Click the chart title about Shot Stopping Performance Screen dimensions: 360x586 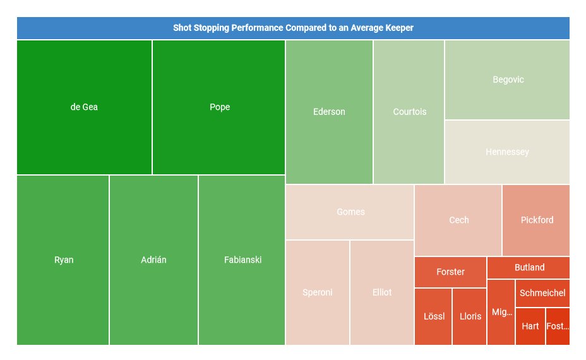click(x=293, y=28)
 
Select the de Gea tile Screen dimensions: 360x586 click(x=84, y=107)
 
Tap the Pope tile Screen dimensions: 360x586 click(x=219, y=107)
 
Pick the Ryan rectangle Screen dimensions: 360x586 click(x=63, y=260)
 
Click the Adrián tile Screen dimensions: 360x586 click(x=153, y=260)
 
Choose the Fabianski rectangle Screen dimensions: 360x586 click(x=242, y=260)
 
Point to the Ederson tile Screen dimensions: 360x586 click(x=329, y=112)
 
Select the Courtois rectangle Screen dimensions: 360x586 click(x=409, y=112)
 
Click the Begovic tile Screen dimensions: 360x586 click(x=508, y=80)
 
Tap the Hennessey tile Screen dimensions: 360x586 click(x=507, y=152)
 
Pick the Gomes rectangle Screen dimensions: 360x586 click(x=350, y=212)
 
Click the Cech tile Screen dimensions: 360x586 click(x=458, y=220)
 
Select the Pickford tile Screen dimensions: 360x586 click(x=537, y=220)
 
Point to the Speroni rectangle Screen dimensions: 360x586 click(x=318, y=292)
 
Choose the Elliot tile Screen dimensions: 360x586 click(x=382, y=292)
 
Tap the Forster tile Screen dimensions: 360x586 click(x=450, y=272)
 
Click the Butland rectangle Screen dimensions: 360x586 click(x=529, y=268)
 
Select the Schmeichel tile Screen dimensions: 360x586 click(x=542, y=293)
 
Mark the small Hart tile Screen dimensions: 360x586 click(x=530, y=327)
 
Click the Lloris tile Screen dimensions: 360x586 click(x=470, y=316)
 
